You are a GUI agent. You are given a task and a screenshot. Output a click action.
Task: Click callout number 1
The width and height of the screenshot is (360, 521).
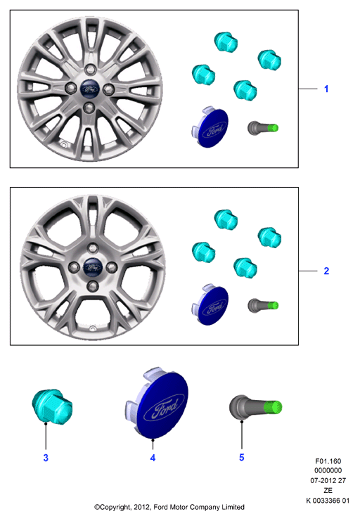pos(326,89)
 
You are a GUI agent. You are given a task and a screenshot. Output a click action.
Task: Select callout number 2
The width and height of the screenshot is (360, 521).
pos(326,271)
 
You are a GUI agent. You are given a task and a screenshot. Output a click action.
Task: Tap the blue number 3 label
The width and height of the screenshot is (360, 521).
pos(46,458)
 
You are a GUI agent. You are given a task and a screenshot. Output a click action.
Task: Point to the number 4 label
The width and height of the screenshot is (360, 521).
pos(153,458)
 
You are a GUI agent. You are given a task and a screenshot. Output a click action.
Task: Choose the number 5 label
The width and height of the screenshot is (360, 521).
pos(242,457)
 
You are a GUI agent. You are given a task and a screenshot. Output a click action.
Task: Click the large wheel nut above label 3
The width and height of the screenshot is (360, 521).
pos(52,406)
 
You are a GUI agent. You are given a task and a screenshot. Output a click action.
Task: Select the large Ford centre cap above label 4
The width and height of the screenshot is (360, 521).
pos(157,403)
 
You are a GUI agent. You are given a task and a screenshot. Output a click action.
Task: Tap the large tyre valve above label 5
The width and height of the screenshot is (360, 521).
pos(255,408)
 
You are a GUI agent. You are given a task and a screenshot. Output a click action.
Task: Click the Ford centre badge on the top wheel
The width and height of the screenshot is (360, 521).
pos(90,89)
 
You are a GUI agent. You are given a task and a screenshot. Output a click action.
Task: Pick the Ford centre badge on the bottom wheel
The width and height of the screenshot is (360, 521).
pos(92,266)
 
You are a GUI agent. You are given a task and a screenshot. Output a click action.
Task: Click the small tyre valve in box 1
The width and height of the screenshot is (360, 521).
pos(263,128)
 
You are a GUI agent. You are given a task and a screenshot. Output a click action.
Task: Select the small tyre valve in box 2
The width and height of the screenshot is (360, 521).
pos(263,305)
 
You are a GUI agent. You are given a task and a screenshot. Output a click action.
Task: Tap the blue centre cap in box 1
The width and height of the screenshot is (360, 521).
pos(210,127)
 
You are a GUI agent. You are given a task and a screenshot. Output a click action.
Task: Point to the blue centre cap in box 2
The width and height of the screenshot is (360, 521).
pos(210,304)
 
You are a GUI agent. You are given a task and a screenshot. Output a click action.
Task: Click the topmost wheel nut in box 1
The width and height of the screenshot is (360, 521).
pos(226,42)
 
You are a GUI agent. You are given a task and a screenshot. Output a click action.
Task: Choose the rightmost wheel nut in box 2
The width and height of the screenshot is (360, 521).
pos(269,237)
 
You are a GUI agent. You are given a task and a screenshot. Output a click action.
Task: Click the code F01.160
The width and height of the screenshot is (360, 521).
pos(328,461)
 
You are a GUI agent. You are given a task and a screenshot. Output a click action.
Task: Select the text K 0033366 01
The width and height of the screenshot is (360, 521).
pos(328,501)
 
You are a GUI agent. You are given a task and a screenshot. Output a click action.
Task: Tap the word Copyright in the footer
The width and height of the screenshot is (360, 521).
pos(115,508)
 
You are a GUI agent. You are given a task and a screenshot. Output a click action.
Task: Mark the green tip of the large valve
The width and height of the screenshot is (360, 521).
pos(273,407)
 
